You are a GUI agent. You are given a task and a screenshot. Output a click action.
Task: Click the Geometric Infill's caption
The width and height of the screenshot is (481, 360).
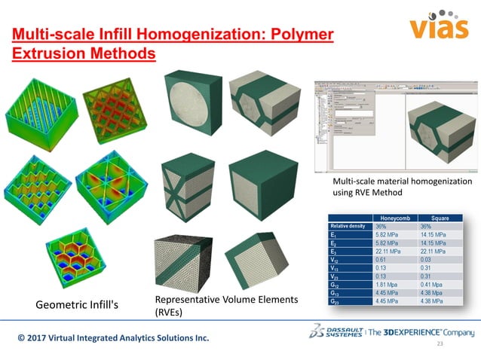pyautogui.click(x=78, y=305)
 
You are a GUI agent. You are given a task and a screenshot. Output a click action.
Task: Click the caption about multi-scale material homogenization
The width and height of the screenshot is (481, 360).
pyautogui.click(x=401, y=187)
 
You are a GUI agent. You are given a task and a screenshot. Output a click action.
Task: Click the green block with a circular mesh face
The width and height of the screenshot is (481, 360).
pyautogui.click(x=193, y=102)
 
